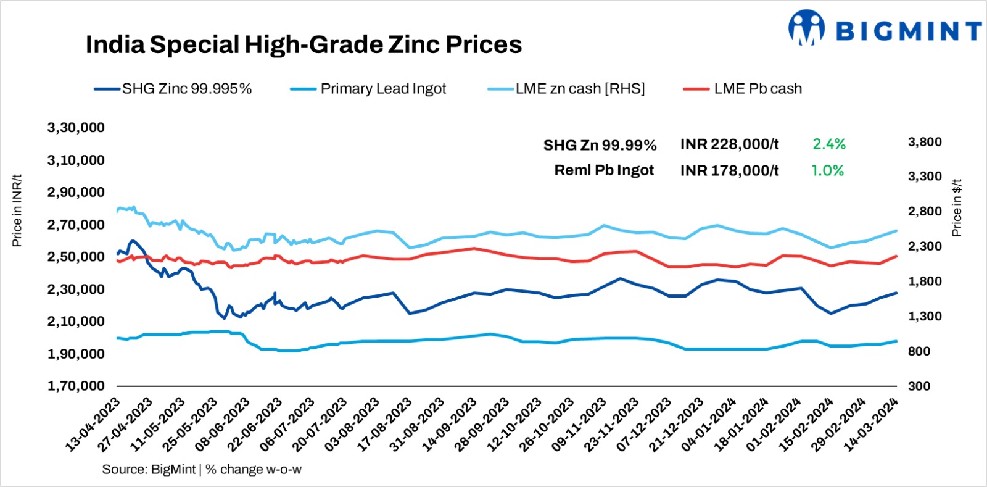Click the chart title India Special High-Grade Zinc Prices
tap(304, 45)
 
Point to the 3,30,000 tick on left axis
tap(76, 128)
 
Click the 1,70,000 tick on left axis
tap(76, 386)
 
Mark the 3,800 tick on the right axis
tap(924, 142)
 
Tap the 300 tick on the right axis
tap(919, 386)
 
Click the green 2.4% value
tap(828, 144)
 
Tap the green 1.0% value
tap(827, 170)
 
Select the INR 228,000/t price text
tap(729, 144)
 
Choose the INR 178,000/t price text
tap(729, 170)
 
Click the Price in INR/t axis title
tap(17, 210)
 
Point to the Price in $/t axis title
tap(957, 208)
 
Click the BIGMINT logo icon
tap(806, 28)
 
